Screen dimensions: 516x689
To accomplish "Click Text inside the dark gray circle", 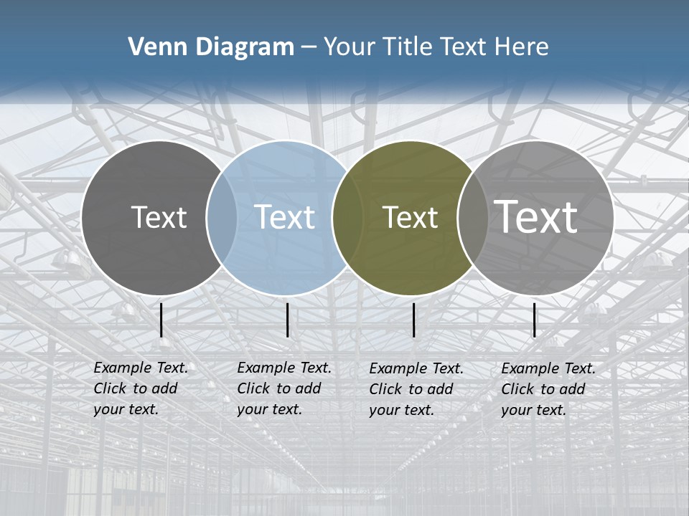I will pyautogui.click(x=159, y=217).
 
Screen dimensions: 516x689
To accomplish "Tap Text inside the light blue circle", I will pyautogui.click(x=284, y=217).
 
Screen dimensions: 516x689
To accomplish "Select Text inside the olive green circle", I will pyautogui.click(x=410, y=218).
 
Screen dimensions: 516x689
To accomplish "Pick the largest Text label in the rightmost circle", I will pyautogui.click(x=535, y=216).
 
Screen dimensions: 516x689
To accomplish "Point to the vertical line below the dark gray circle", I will pyautogui.click(x=161, y=320).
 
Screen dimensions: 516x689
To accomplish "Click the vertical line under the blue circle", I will pyautogui.click(x=287, y=320).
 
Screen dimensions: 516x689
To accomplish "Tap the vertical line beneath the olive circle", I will pyautogui.click(x=414, y=320).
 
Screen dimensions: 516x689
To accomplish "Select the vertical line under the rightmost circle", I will pyautogui.click(x=535, y=320).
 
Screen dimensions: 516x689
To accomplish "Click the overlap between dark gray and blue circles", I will pyautogui.click(x=222, y=217).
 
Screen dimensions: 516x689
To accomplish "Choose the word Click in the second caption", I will pyautogui.click(x=253, y=388).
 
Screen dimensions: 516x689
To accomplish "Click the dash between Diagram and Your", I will pyautogui.click(x=308, y=47).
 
